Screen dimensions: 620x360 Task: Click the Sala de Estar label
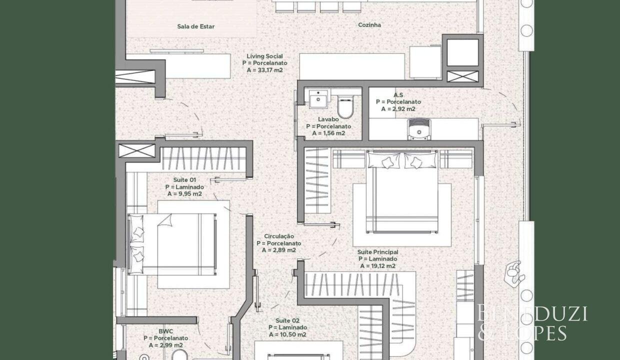[x=195, y=26]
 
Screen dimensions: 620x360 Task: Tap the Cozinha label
[x=369, y=25]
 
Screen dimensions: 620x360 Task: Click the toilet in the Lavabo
[x=345, y=107]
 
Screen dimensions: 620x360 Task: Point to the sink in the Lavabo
[x=318, y=99]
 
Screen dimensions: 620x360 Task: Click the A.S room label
[x=398, y=95]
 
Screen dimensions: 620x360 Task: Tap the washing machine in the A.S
[x=419, y=129]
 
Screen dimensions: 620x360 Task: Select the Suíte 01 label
[x=184, y=180]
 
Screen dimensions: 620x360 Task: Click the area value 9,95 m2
[x=189, y=193]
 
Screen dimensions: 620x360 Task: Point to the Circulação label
[x=279, y=236]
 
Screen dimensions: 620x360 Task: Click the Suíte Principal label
[x=378, y=252]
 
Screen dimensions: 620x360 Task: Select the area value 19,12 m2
[x=383, y=266]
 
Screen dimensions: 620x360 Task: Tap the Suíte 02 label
[x=287, y=320]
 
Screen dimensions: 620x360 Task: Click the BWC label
[x=166, y=331]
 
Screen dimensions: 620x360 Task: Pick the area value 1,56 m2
[x=334, y=133]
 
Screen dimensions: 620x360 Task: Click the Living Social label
[x=265, y=56]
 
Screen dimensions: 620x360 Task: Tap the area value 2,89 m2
[x=284, y=250]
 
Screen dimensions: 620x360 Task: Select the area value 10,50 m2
[x=293, y=334]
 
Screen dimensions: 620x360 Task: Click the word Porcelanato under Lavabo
[x=334, y=126]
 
